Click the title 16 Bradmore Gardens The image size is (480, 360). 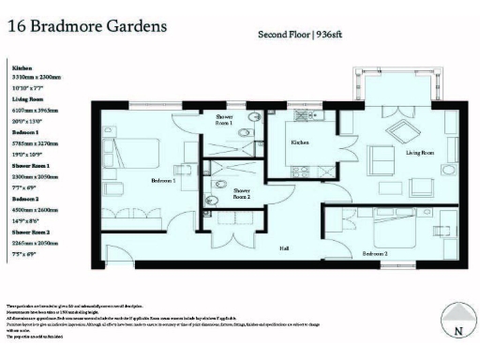tap(87, 24)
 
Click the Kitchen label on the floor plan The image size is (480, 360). tap(300, 142)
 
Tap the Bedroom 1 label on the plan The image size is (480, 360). tap(165, 180)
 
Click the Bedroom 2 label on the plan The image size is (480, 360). tap(376, 254)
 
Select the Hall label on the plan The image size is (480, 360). tap(283, 248)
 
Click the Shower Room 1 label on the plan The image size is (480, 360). tap(224, 120)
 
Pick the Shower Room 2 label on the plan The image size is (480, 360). tap(242, 194)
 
